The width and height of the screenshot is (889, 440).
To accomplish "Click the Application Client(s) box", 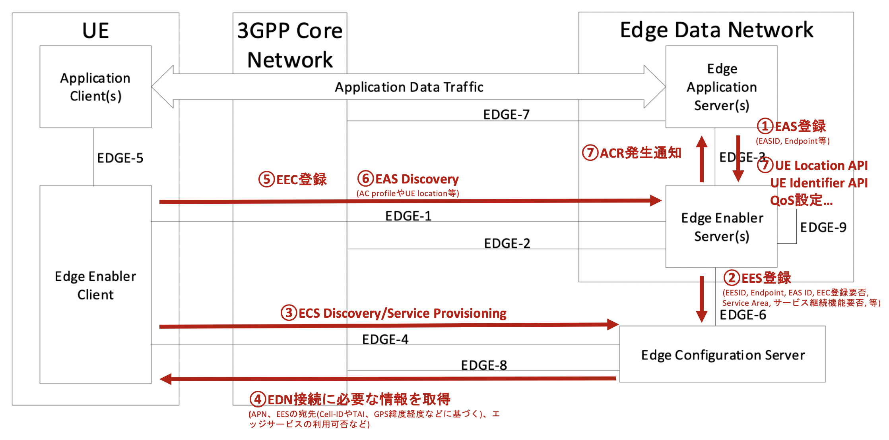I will [x=95, y=87].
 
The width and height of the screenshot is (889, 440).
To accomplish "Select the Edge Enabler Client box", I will [x=95, y=284].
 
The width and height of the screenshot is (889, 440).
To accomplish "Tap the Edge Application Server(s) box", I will [x=721, y=87].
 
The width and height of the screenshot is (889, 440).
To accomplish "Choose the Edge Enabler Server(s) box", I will [x=721, y=227].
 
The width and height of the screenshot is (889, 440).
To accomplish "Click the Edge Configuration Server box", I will [x=722, y=355].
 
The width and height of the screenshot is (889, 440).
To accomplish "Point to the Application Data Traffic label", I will [x=409, y=87].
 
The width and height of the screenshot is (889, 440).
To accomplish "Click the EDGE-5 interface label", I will [x=120, y=158].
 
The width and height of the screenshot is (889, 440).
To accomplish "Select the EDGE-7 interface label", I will [x=506, y=114].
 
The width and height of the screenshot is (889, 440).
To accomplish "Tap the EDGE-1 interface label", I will [x=408, y=216].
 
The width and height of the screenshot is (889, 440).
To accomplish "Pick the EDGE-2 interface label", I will [x=507, y=243].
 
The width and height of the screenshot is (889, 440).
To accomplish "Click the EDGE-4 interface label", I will [x=385, y=340].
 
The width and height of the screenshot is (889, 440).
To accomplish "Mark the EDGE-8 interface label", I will [x=484, y=365].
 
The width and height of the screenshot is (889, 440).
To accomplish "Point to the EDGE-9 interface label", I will [x=823, y=227].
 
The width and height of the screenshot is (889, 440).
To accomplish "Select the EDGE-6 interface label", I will [x=743, y=315].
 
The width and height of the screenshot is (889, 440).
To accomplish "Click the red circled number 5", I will [x=267, y=179].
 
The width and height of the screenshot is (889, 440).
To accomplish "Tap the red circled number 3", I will [x=289, y=313].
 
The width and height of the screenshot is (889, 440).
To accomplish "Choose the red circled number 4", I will [x=258, y=399].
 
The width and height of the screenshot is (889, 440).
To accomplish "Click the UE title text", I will [x=95, y=31].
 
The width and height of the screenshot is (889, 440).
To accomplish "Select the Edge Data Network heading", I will [x=716, y=30].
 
